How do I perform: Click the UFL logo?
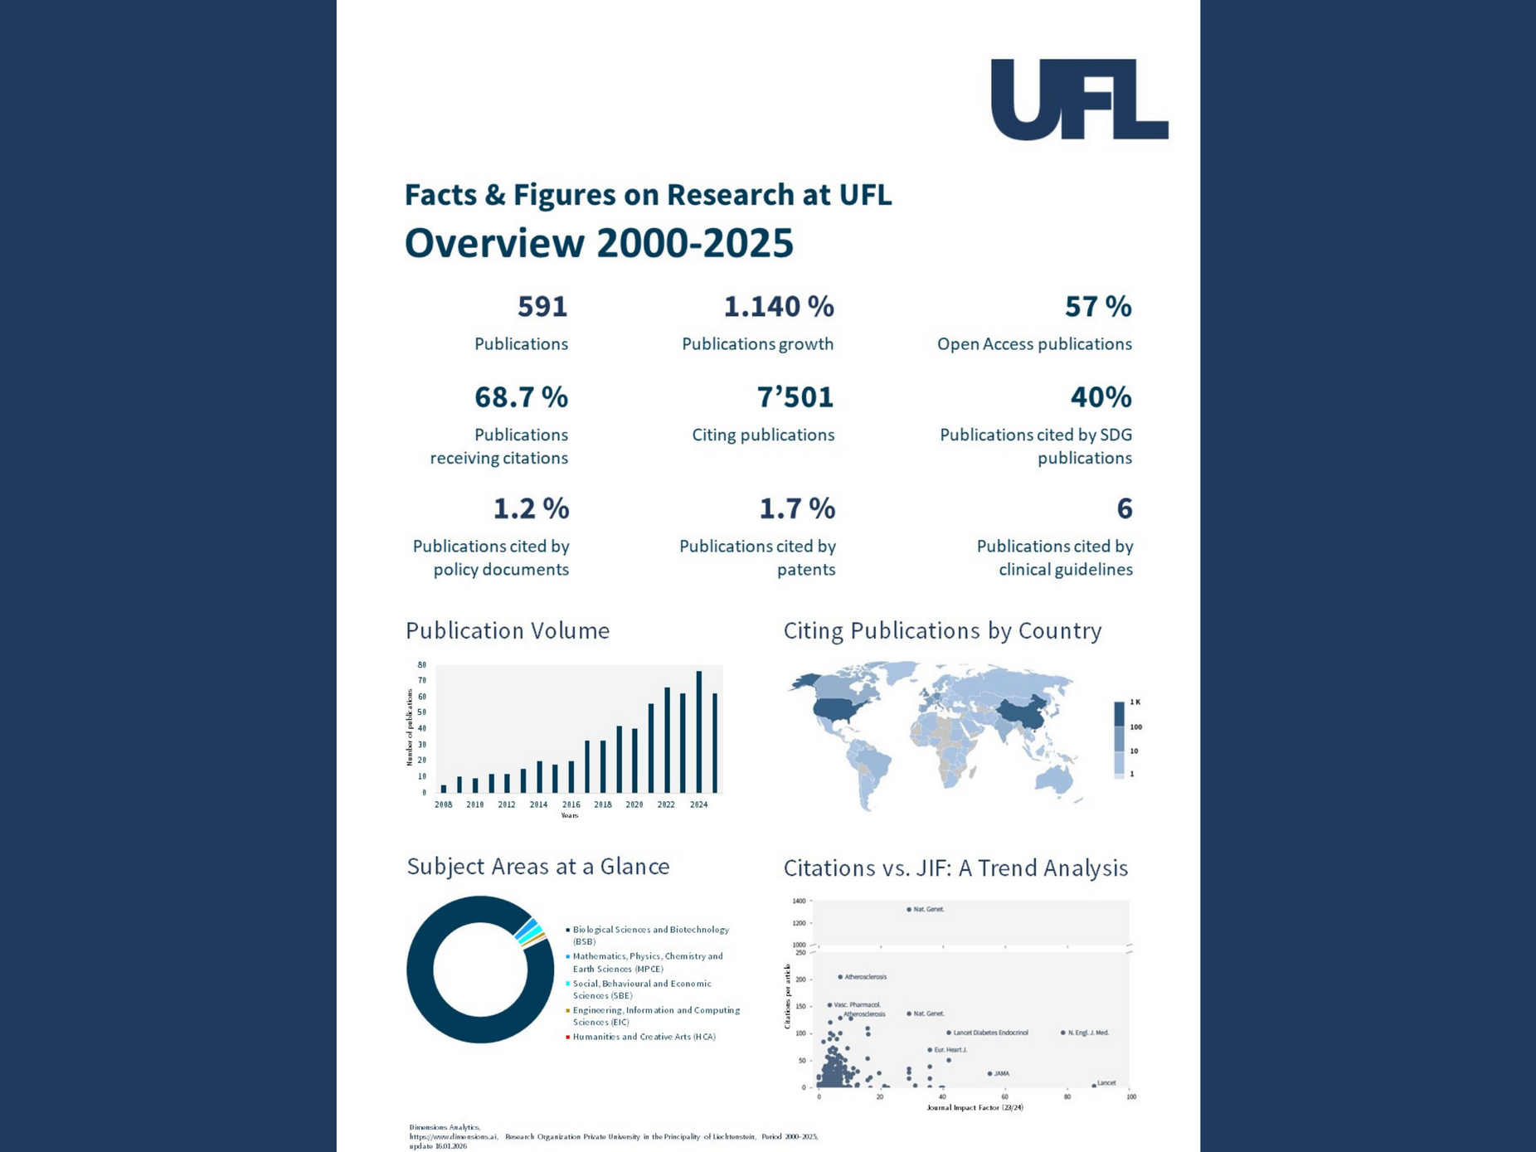click(1079, 100)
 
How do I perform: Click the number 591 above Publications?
click(542, 307)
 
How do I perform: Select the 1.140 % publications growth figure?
click(778, 307)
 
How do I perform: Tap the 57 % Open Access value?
click(1097, 307)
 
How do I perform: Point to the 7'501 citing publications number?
click(795, 397)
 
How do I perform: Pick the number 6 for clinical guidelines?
click(1124, 508)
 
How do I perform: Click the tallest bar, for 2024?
click(699, 732)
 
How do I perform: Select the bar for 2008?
click(444, 789)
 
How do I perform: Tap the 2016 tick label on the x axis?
click(571, 804)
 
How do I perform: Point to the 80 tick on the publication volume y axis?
click(422, 665)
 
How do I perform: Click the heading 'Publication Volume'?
click(508, 631)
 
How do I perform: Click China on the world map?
click(1022, 713)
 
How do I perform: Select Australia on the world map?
click(1053, 778)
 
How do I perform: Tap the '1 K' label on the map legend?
click(1135, 702)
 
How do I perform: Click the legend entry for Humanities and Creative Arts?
click(643, 1037)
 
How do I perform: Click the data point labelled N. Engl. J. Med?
click(1062, 1033)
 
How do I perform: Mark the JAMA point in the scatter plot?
click(989, 1073)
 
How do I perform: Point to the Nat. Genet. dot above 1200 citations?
click(909, 910)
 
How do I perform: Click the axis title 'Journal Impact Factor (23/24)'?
click(975, 1107)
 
